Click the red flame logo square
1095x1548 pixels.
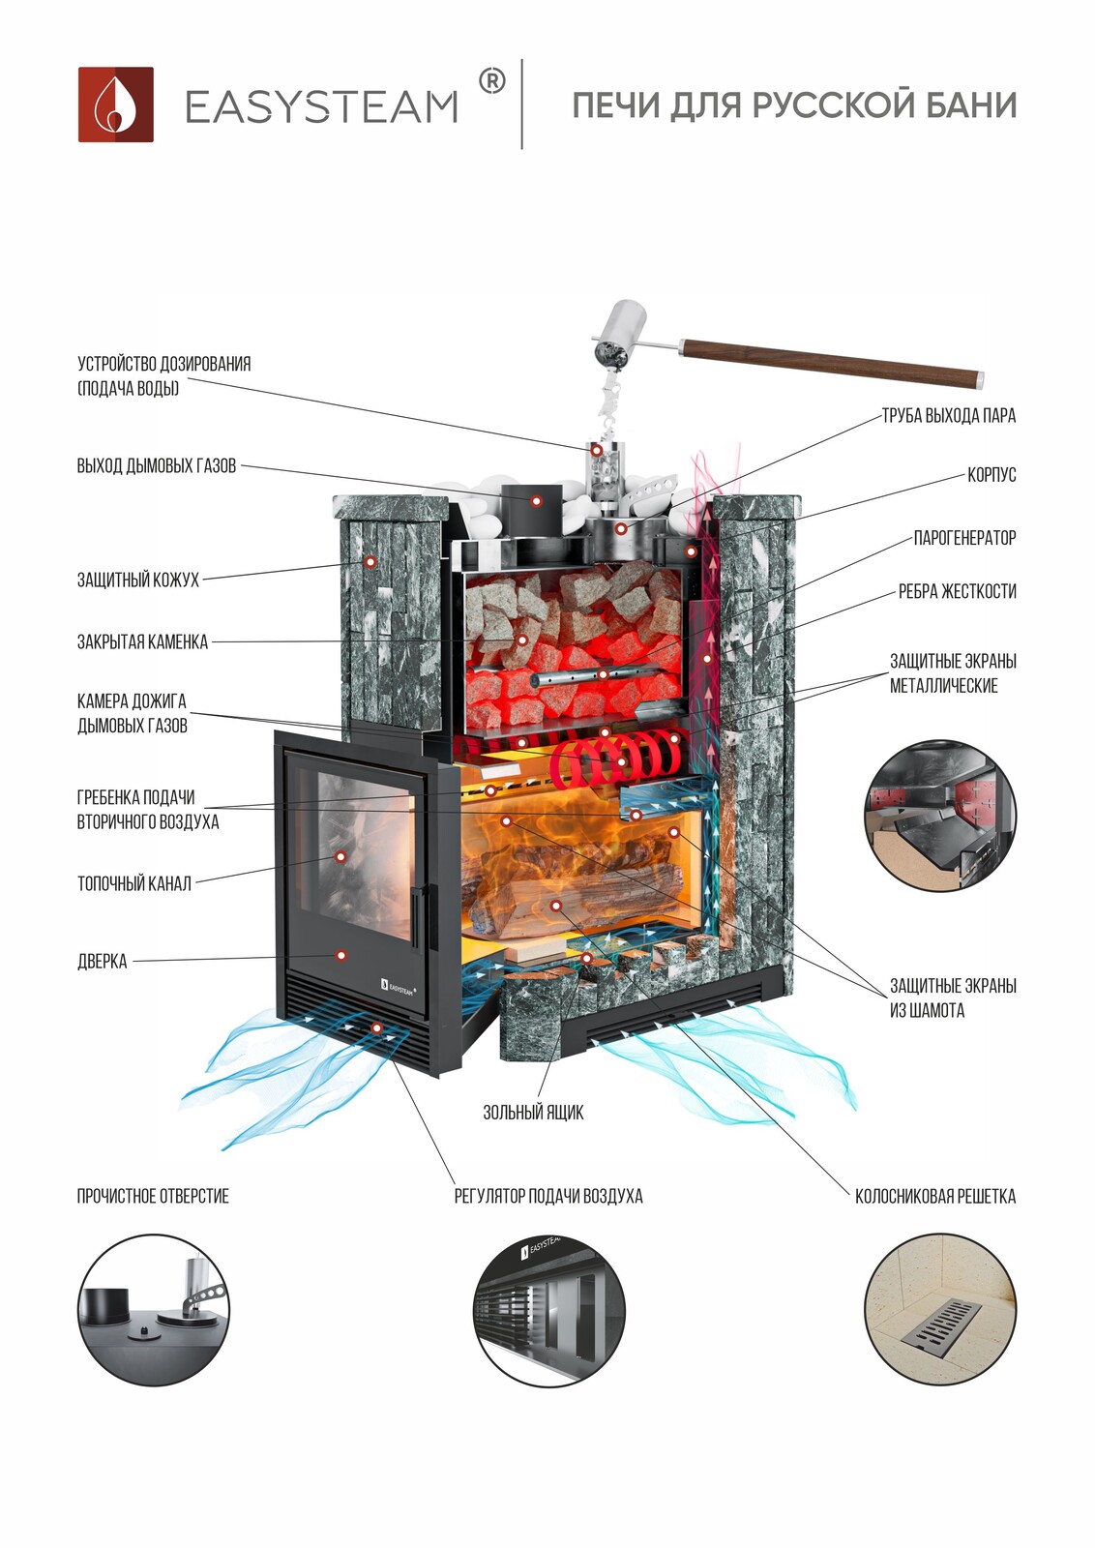tap(115, 104)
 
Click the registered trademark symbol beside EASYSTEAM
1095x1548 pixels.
tap(491, 82)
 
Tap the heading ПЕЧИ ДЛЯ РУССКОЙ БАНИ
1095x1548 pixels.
tap(794, 105)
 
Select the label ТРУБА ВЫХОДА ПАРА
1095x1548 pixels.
tap(948, 416)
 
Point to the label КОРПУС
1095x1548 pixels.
tap(991, 475)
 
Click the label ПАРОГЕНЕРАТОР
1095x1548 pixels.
tap(964, 538)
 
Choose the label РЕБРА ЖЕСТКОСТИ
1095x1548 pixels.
tap(957, 591)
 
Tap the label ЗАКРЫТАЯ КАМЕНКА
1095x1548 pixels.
tap(142, 641)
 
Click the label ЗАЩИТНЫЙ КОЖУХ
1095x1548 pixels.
tap(137, 580)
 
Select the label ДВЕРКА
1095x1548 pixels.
tap(102, 961)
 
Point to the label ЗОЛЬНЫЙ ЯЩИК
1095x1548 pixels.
tap(533, 1113)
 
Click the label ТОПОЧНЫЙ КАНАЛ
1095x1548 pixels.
tap(133, 882)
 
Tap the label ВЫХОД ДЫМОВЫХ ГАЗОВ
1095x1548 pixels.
tap(156, 465)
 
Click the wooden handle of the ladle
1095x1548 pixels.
tap(832, 360)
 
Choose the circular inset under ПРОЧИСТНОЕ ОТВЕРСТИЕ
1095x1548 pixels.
tap(154, 1310)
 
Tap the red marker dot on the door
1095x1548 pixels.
tap(340, 955)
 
